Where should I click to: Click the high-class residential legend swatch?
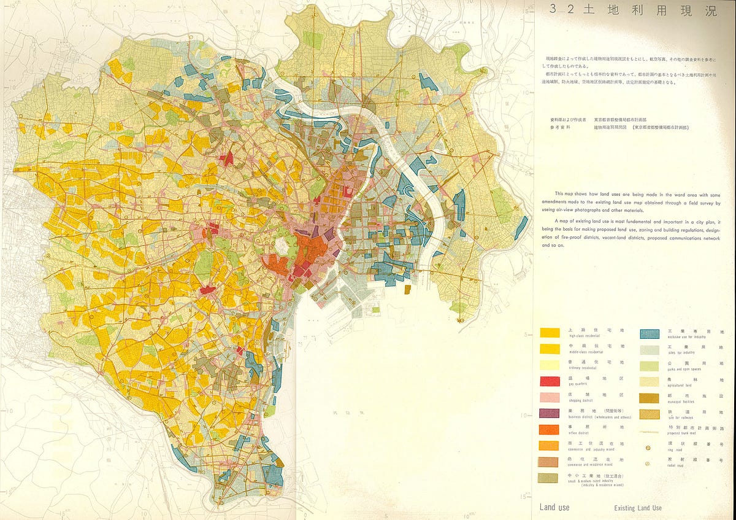pyautogui.click(x=550, y=333)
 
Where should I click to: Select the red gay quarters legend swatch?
pyautogui.click(x=550, y=381)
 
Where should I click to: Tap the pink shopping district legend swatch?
pyautogui.click(x=550, y=397)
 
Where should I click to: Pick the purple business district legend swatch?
pyautogui.click(x=550, y=413)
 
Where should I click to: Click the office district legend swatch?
pyautogui.click(x=550, y=429)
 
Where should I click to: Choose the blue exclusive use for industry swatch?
pyautogui.click(x=650, y=334)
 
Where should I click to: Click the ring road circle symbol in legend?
pyautogui.click(x=648, y=448)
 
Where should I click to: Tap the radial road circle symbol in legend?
pyautogui.click(x=648, y=462)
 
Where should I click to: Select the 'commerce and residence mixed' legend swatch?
pyautogui.click(x=550, y=462)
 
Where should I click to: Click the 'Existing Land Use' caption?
pyautogui.click(x=638, y=508)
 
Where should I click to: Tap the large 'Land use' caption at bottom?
pyautogui.click(x=554, y=507)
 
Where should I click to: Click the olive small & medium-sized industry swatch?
pyautogui.click(x=550, y=478)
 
